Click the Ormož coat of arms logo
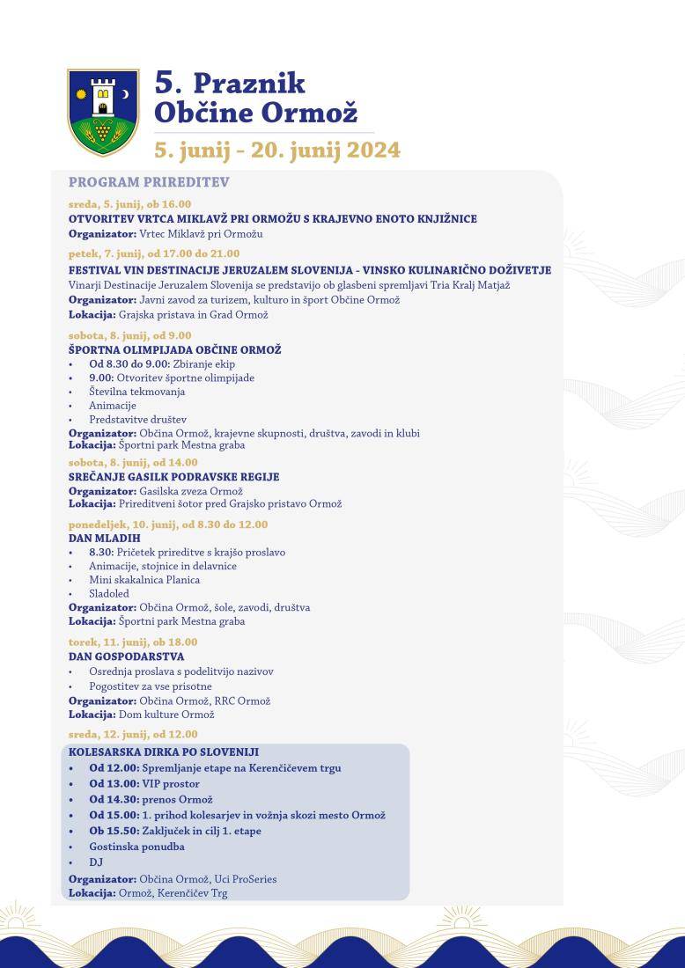tap(103, 112)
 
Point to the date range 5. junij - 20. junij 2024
tap(277, 150)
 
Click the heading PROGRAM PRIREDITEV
tap(149, 182)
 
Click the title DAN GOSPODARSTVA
tap(126, 656)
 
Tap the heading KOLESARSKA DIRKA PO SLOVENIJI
tap(163, 752)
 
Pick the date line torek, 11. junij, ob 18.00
tap(133, 642)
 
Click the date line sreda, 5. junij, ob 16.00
tap(129, 204)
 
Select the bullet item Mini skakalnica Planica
tap(144, 580)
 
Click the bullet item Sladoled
tap(108, 594)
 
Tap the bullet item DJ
tap(96, 862)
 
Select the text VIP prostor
tap(171, 783)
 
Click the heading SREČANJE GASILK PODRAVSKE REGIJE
tap(173, 477)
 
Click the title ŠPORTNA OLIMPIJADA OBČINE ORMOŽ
tap(174, 350)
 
